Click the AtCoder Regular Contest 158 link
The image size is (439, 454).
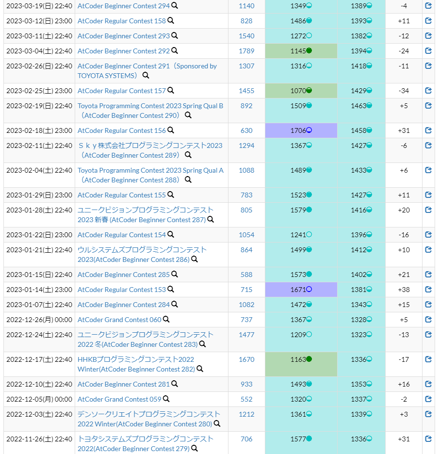[x=121, y=21]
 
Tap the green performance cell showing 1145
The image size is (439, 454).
[x=301, y=51]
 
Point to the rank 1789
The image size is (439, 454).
[x=246, y=51]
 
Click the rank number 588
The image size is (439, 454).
[x=246, y=275]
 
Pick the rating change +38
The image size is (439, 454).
[x=404, y=290]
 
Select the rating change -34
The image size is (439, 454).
[x=404, y=91]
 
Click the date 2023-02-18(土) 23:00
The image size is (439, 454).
[x=39, y=130]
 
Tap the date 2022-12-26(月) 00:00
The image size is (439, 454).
[x=39, y=320]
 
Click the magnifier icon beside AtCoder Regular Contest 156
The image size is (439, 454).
[x=171, y=130]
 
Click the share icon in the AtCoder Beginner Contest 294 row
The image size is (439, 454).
[x=428, y=6]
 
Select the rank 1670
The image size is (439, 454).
[x=246, y=359]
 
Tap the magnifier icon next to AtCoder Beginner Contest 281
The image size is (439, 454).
[x=175, y=384]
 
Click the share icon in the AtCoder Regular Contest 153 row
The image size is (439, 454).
[x=428, y=290]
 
